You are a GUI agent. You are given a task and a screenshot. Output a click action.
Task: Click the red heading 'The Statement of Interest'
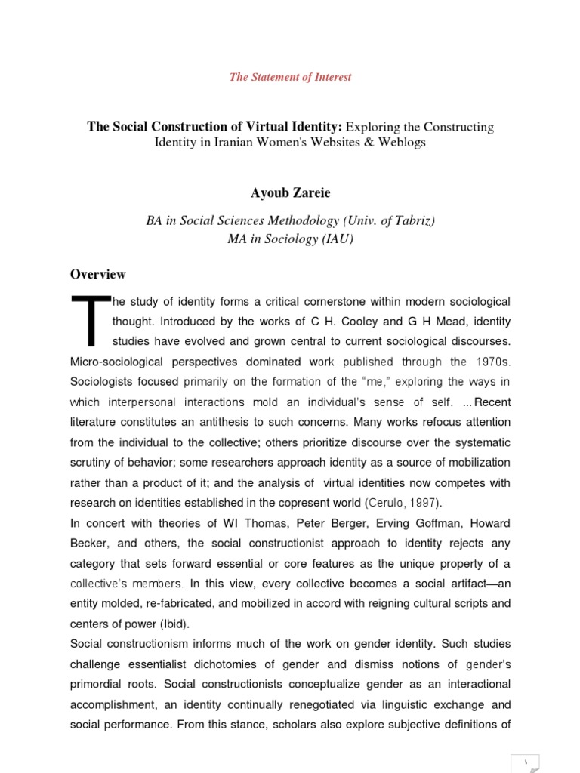pyautogui.click(x=291, y=77)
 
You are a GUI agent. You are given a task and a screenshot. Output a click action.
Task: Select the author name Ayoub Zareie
pyautogui.click(x=291, y=193)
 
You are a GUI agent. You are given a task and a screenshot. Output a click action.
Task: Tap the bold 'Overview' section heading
pyautogui.click(x=98, y=274)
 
